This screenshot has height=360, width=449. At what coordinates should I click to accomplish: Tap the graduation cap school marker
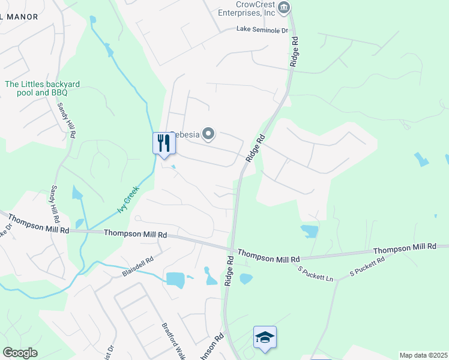(x=264, y=337)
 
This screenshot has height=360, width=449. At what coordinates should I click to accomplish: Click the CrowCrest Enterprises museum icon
(x=285, y=8)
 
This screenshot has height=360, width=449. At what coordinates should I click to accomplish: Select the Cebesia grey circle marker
(x=208, y=134)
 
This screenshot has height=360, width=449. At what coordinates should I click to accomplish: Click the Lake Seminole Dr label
(x=262, y=29)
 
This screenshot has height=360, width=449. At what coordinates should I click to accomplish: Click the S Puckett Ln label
(x=316, y=272)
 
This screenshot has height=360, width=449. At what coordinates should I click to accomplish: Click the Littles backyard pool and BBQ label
(x=42, y=89)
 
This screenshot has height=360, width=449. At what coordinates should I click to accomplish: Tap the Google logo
(x=20, y=352)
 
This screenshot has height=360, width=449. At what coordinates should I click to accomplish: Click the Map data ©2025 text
(x=423, y=355)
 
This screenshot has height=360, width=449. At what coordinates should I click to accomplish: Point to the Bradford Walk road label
(x=173, y=342)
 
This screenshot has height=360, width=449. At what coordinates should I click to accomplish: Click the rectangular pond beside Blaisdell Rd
(x=175, y=280)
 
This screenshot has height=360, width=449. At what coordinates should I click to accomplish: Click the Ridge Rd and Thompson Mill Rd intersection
(x=231, y=248)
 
